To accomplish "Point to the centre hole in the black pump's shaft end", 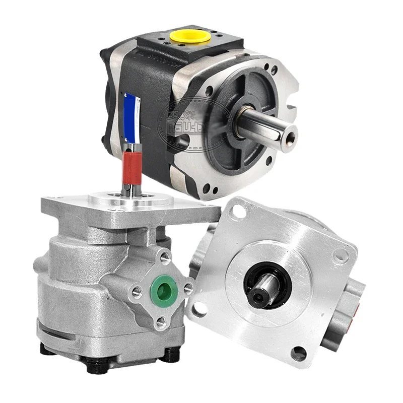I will tap(290, 135).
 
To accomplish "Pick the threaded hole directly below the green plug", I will tap(161, 321).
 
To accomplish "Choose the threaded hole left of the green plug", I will tap(137, 291).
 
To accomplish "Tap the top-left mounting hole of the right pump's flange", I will tap(241, 211).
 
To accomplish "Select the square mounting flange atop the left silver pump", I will tap(126, 207).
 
